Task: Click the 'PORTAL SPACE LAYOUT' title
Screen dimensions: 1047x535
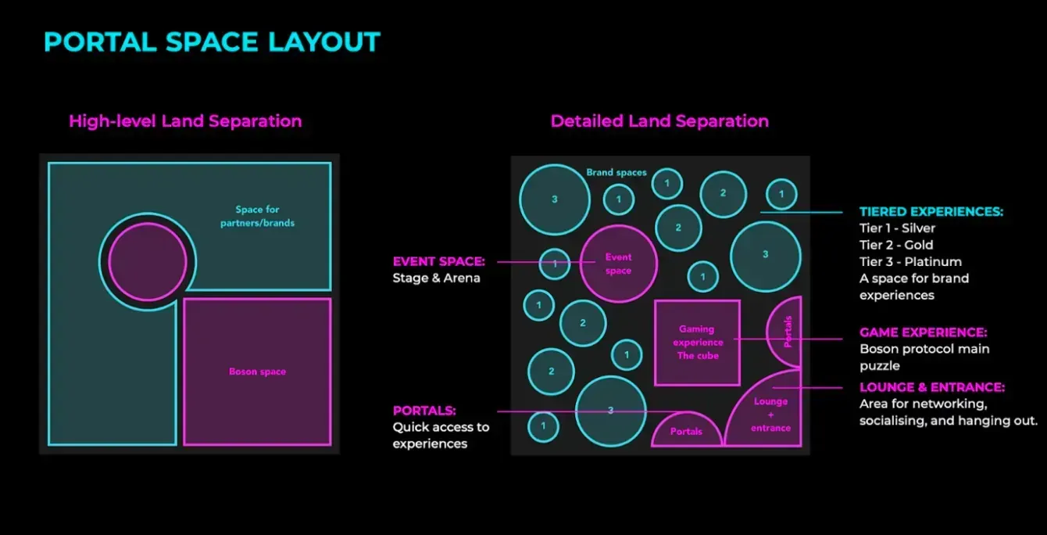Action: pyautogui.click(x=212, y=42)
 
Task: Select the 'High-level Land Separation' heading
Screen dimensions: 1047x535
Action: pyautogui.click(x=185, y=121)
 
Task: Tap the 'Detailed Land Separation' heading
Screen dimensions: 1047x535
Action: pyautogui.click(x=659, y=121)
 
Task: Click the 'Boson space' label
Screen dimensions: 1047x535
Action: pyautogui.click(x=257, y=372)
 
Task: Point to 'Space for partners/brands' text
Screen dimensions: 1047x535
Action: pyautogui.click(x=258, y=216)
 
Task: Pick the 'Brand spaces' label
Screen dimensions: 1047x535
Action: pyautogui.click(x=616, y=172)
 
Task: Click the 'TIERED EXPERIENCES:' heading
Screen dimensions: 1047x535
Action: pyautogui.click(x=931, y=211)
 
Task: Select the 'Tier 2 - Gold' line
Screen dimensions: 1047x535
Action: pyautogui.click(x=896, y=245)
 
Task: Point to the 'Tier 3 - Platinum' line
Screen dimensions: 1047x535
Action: pyautogui.click(x=910, y=262)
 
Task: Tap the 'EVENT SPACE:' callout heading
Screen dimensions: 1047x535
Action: pyautogui.click(x=439, y=261)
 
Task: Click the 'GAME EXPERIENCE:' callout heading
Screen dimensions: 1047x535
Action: pyautogui.click(x=923, y=332)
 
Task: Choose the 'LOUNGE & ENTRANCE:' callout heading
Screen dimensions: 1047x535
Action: pyautogui.click(x=932, y=387)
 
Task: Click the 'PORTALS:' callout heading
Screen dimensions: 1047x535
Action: pyautogui.click(x=424, y=411)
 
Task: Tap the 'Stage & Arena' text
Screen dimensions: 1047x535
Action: pyautogui.click(x=436, y=278)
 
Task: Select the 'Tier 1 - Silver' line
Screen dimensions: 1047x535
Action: pyautogui.click(x=898, y=228)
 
